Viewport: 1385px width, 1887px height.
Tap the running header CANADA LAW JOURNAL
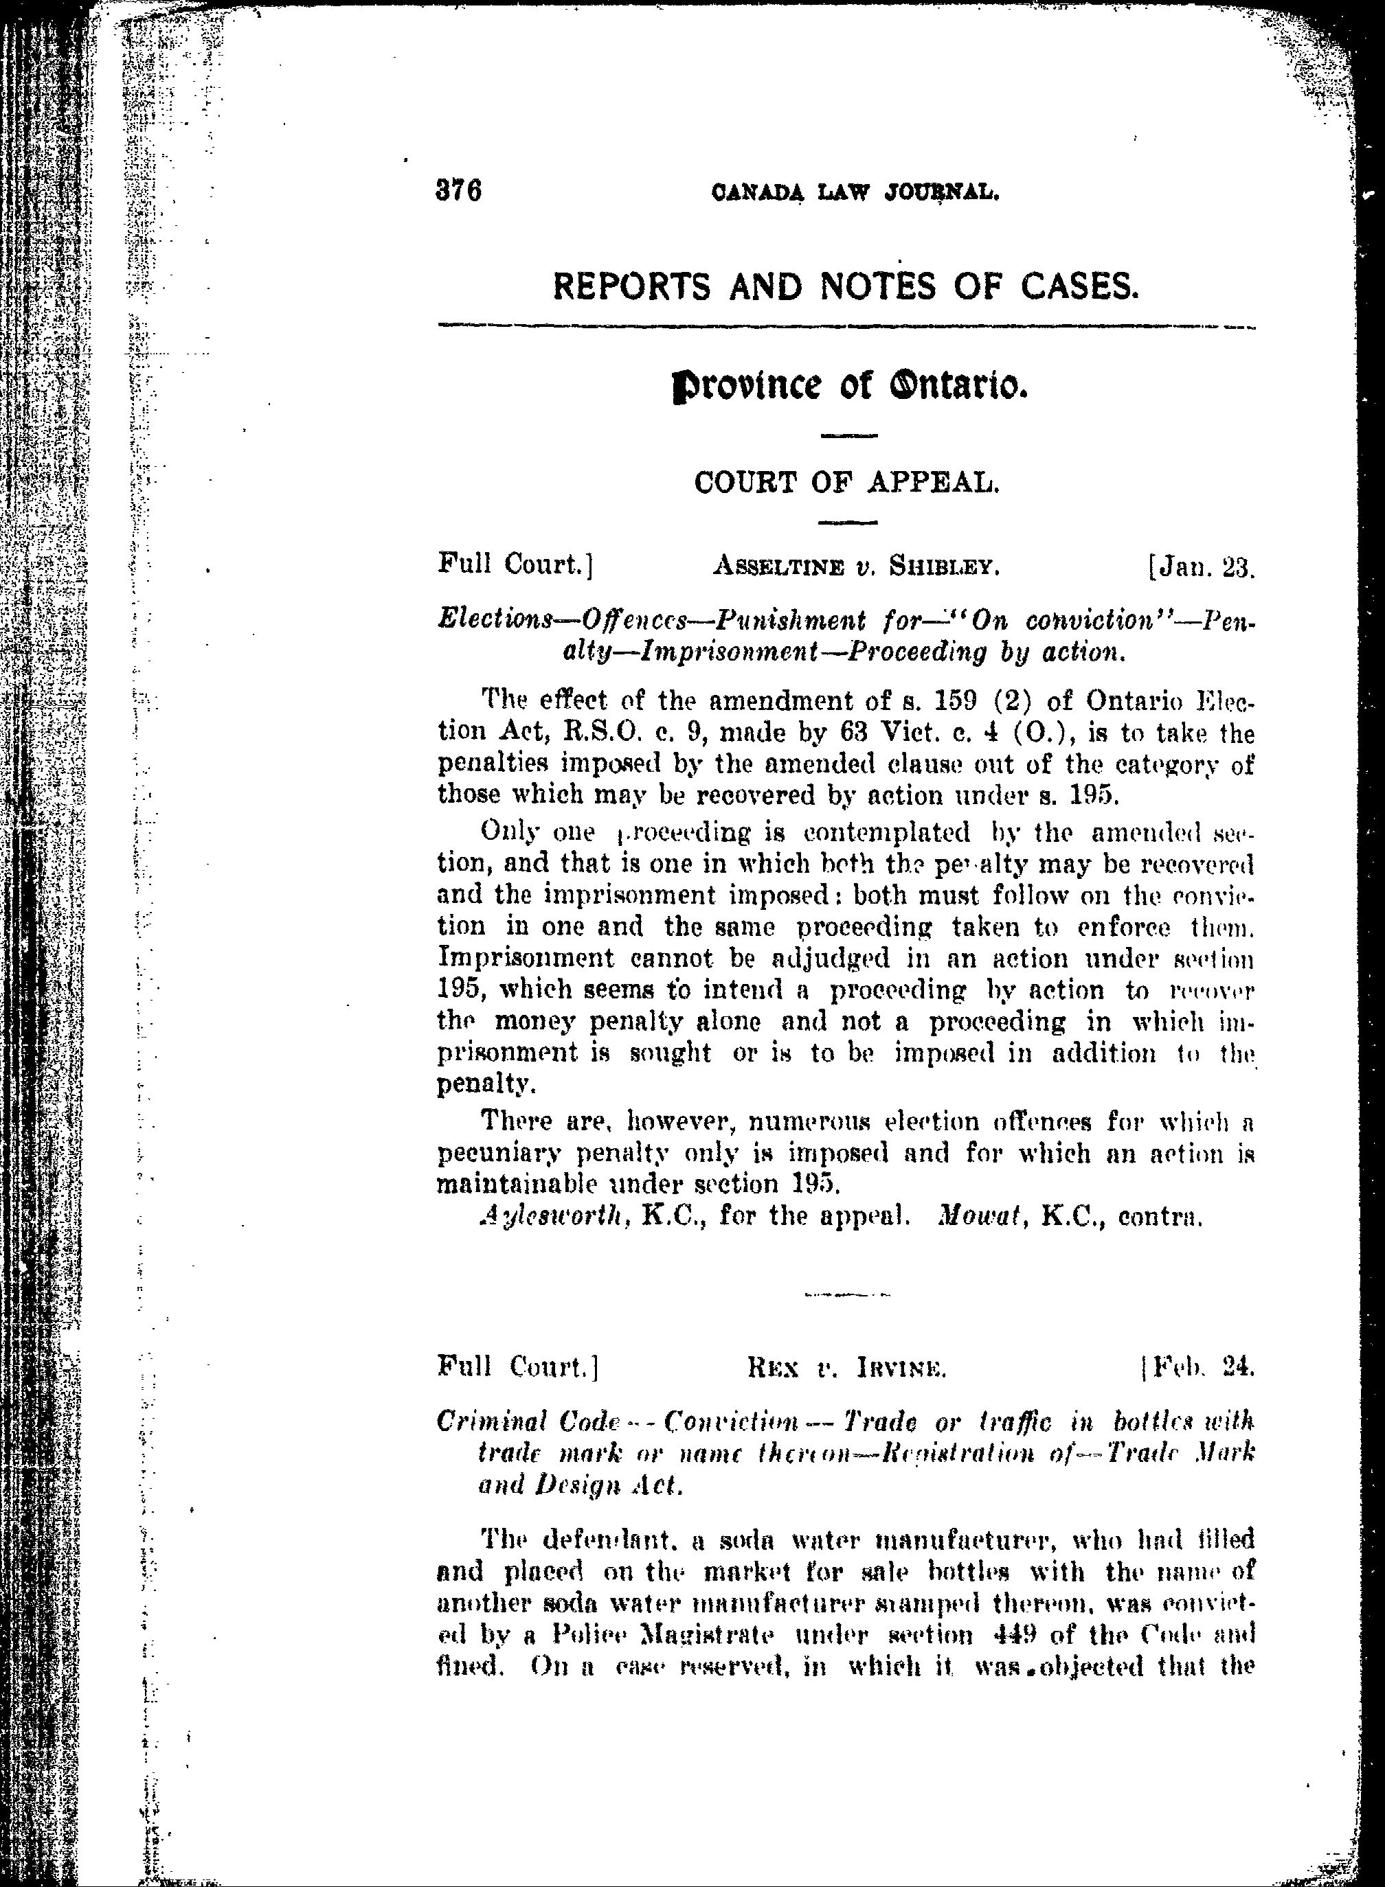[x=855, y=194]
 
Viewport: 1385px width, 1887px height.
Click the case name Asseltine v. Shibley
[x=856, y=567]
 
